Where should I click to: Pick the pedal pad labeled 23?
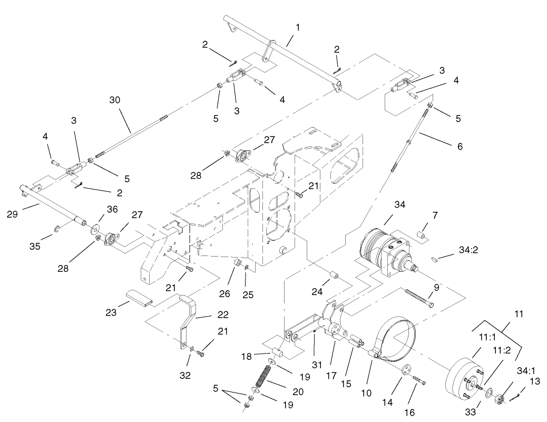[x=139, y=298]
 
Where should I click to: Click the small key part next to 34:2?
[x=435, y=258]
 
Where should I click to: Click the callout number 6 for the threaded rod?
[x=460, y=146]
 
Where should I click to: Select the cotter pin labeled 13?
[x=522, y=392]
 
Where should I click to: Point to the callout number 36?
[x=112, y=209]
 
